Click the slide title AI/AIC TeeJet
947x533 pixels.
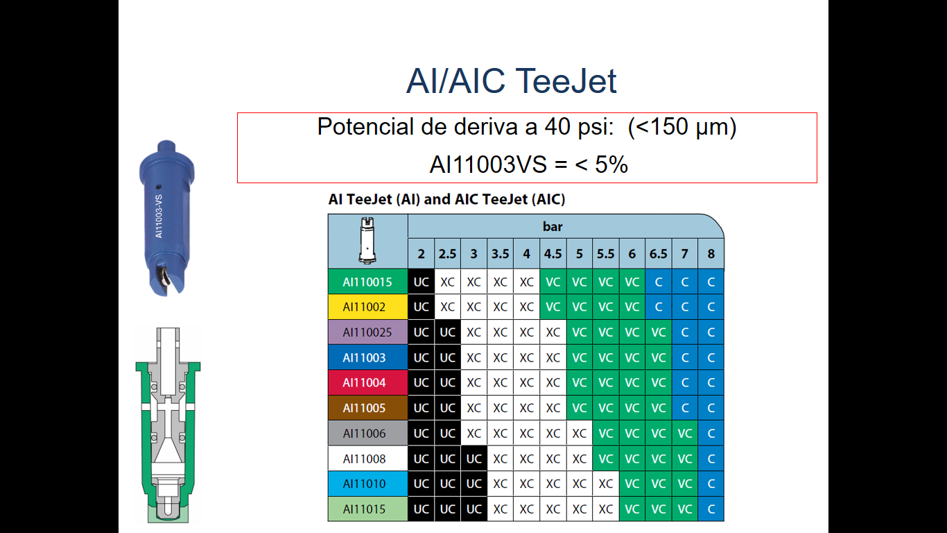point(511,81)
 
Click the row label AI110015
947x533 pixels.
point(367,282)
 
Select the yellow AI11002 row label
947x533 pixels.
point(367,307)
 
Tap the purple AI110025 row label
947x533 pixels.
point(367,332)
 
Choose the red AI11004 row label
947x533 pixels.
point(367,382)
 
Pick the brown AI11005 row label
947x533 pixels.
point(367,407)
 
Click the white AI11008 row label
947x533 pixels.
point(367,459)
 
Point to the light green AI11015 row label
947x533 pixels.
point(367,509)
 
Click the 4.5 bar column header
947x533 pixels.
point(553,253)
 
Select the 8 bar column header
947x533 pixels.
point(711,253)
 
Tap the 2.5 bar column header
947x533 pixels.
point(447,253)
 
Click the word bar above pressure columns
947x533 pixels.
point(553,226)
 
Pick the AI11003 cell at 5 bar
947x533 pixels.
point(579,357)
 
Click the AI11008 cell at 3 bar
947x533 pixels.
point(473,459)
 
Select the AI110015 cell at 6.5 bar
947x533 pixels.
point(658,282)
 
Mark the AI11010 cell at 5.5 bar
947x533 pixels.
point(605,484)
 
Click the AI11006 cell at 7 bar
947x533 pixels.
point(684,433)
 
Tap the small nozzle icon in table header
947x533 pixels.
point(367,240)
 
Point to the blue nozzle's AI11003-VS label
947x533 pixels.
point(159,217)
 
